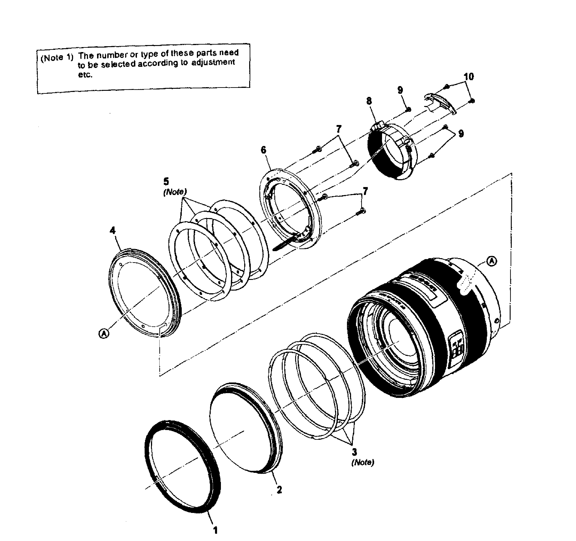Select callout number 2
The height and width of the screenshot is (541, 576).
(x=279, y=490)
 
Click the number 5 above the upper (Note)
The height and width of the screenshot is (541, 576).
(x=166, y=181)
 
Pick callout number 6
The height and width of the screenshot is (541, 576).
(x=263, y=150)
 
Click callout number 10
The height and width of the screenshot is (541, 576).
(x=469, y=77)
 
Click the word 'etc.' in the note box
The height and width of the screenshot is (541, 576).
(x=85, y=75)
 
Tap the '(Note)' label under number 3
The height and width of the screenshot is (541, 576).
(x=363, y=462)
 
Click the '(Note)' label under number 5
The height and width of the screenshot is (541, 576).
(x=175, y=192)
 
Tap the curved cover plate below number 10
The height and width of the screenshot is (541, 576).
(x=440, y=103)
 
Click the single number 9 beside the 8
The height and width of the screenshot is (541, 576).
(x=400, y=90)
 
